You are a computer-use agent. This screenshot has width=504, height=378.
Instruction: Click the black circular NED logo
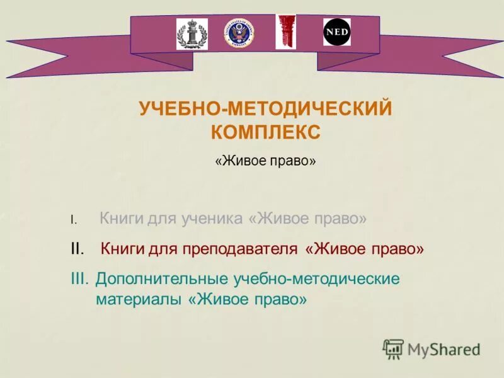point(337,32)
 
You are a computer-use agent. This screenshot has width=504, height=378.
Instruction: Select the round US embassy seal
point(238,34)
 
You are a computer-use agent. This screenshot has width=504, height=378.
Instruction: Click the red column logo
point(285,31)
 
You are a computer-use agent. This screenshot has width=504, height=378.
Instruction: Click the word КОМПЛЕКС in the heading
point(265,132)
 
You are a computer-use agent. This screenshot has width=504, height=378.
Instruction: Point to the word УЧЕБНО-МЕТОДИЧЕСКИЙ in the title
point(265,108)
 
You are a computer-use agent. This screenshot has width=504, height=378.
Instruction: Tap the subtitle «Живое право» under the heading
point(265,161)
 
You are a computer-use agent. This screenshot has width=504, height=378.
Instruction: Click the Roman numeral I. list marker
point(73,220)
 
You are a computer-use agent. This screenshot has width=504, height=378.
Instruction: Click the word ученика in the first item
point(211,219)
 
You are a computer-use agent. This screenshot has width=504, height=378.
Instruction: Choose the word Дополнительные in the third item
point(163,278)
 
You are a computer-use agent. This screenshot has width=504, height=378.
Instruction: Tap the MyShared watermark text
point(444,349)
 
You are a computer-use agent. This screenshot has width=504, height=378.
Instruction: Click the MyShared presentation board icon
point(393,348)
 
